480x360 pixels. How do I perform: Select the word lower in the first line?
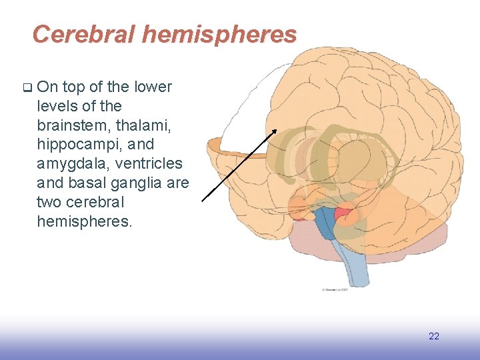tap(153, 87)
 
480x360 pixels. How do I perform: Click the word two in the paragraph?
tap(51, 202)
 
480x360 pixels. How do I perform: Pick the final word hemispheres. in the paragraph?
tap(85, 221)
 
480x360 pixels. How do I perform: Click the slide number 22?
tap(434, 336)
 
